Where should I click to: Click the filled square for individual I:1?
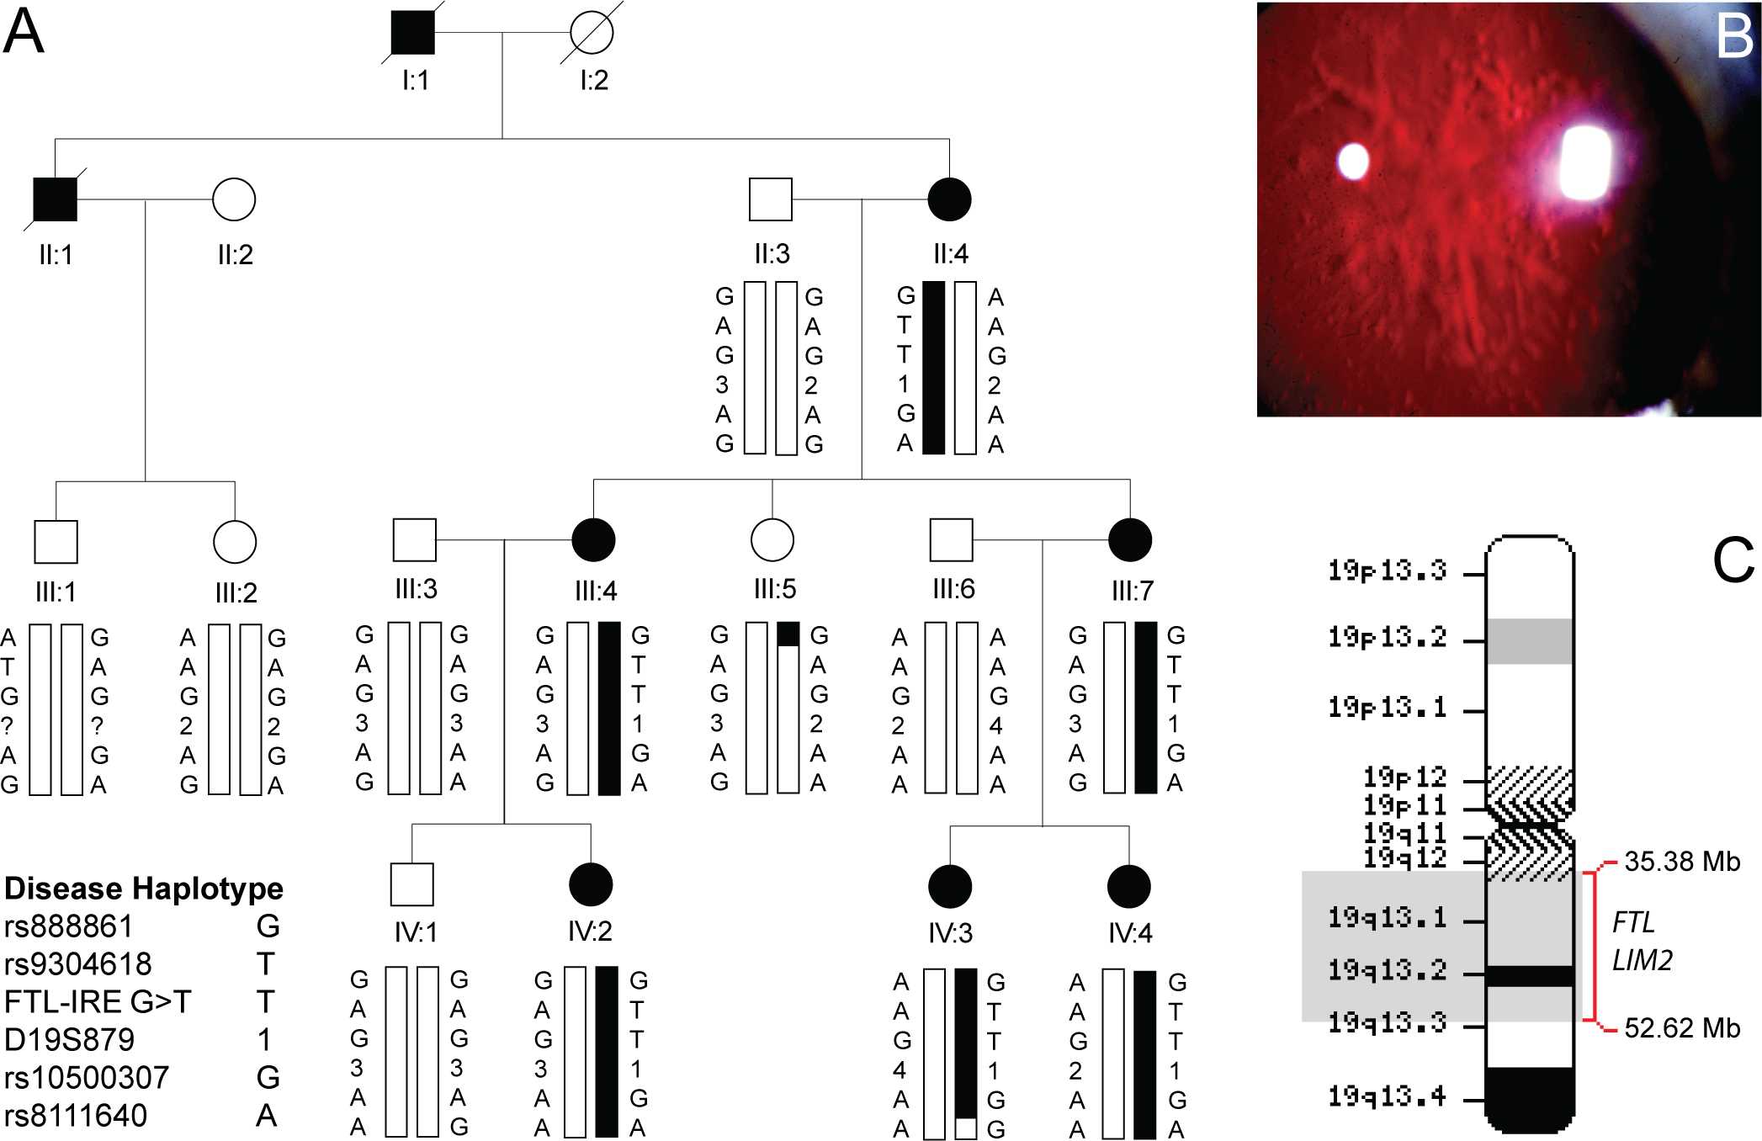(x=413, y=33)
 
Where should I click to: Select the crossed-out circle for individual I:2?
(x=592, y=33)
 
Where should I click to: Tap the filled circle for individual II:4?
(x=949, y=199)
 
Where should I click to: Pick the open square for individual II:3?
(x=771, y=199)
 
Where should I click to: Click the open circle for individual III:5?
(x=772, y=539)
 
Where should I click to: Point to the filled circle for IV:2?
(x=591, y=885)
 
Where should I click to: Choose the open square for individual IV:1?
(x=412, y=885)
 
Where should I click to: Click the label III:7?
(x=1133, y=591)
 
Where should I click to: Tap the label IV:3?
(x=951, y=932)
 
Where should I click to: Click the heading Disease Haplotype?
(x=144, y=889)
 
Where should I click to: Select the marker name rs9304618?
(x=78, y=963)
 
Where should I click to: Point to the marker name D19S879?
(x=70, y=1039)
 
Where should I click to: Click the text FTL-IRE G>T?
(x=98, y=1001)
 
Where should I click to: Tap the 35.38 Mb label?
(x=1681, y=862)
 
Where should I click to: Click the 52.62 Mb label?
(x=1681, y=1027)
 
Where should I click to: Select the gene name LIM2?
(x=1642, y=960)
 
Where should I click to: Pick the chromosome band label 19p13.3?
(x=1387, y=570)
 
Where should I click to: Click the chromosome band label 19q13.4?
(x=1387, y=1096)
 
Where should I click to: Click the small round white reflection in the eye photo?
(x=1353, y=161)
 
